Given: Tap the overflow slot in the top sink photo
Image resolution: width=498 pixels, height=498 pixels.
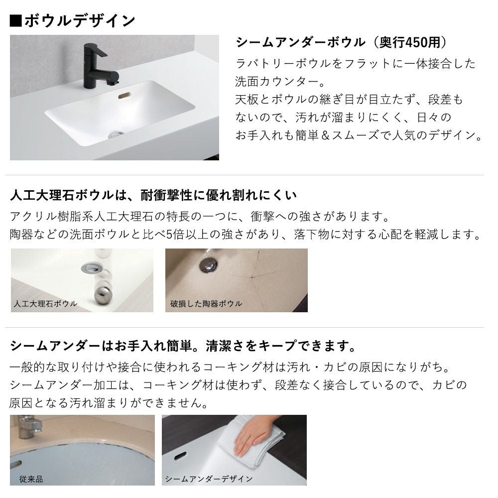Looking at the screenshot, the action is tap(124, 95).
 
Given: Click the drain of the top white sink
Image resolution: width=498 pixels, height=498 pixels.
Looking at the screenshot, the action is tap(115, 134).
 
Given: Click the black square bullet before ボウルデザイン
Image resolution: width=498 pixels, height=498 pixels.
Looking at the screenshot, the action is tap(16, 20).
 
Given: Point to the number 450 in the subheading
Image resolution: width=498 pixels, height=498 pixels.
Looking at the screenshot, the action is tap(416, 42).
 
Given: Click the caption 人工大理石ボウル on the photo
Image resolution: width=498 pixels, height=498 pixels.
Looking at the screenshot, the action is tap(45, 303).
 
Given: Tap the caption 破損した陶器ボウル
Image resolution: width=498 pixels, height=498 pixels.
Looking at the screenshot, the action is tap(206, 304).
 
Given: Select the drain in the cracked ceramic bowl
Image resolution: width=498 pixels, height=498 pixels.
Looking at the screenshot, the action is tap(208, 264).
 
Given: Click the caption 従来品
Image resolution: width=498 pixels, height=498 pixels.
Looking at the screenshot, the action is tap(31, 479).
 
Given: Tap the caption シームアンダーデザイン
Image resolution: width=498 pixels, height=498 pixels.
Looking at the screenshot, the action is tap(209, 479).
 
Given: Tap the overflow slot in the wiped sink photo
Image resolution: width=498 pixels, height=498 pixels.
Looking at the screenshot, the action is tap(180, 456).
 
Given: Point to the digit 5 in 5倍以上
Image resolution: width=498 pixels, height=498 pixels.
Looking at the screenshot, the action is tap(169, 235).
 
